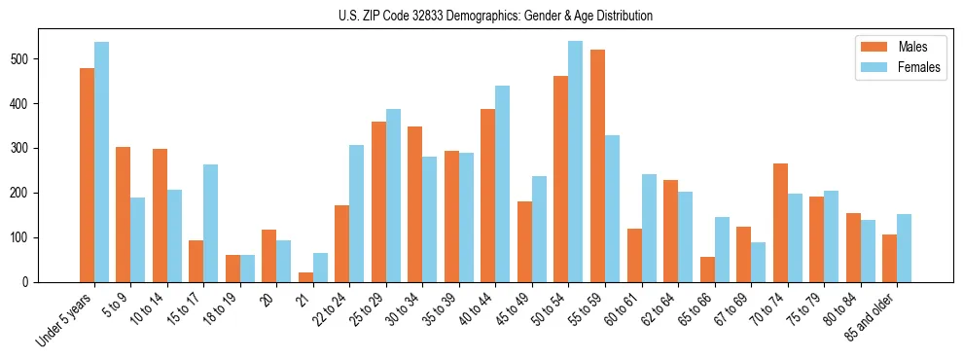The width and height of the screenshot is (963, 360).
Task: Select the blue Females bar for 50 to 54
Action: point(575,162)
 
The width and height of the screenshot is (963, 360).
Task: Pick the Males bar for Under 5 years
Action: point(87,175)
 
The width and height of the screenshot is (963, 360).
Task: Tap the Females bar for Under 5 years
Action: point(101,162)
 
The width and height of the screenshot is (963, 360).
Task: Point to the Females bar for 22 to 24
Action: point(357,213)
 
